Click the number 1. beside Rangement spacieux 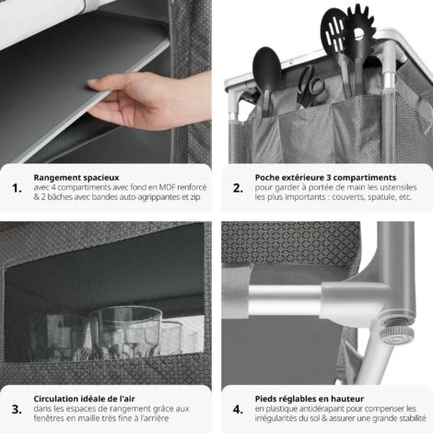click(x=17, y=188)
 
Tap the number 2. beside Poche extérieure click(x=238, y=188)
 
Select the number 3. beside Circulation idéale click(x=17, y=409)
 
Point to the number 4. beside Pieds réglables click(x=238, y=409)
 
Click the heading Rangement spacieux click(x=76, y=178)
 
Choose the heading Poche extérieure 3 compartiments click(x=325, y=178)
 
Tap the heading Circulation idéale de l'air click(x=84, y=399)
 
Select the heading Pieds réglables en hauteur click(x=310, y=399)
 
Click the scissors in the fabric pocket click(x=310, y=87)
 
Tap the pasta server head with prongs click(x=361, y=25)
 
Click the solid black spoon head click(x=266, y=67)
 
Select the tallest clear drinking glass click(x=125, y=333)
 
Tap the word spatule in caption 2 click(x=381, y=197)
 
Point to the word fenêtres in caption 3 click(x=46, y=418)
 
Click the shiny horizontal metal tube click(x=286, y=296)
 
